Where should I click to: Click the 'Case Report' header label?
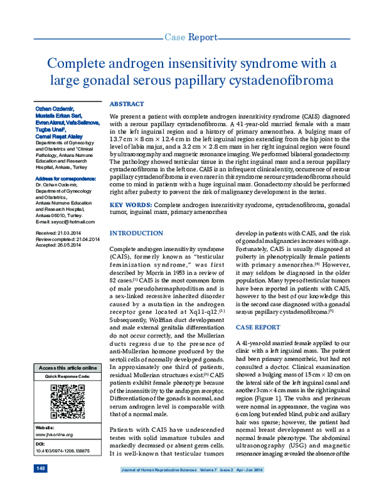[x=191, y=38]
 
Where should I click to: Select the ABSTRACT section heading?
[x=127, y=103]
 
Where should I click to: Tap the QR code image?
[x=68, y=401]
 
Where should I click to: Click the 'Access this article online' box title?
[x=68, y=368]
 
